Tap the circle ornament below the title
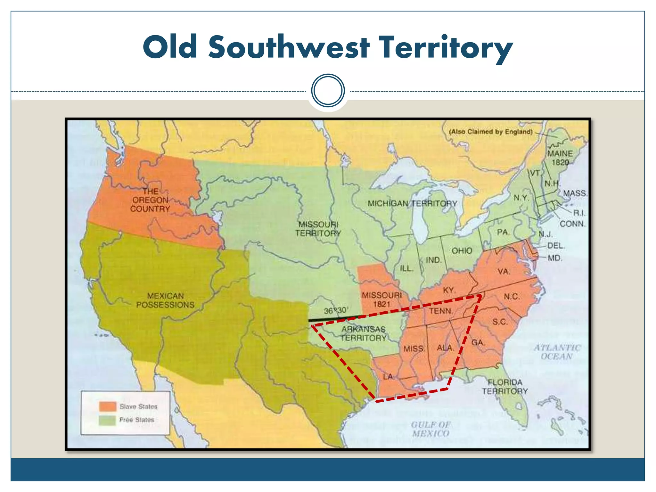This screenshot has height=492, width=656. (328, 90)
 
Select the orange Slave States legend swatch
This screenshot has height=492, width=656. (108, 406)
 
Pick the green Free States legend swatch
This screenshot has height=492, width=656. (108, 420)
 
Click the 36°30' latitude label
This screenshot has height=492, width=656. (335, 310)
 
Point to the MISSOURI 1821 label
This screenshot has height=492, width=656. (381, 299)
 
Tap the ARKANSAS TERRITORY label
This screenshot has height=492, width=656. (364, 333)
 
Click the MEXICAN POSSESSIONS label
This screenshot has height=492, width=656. (165, 300)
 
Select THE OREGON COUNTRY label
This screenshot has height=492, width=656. (150, 200)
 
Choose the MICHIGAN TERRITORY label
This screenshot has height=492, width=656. (412, 203)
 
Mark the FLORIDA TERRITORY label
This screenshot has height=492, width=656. (505, 387)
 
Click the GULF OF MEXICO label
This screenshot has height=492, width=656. (430, 429)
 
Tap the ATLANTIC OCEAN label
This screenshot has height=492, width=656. (557, 352)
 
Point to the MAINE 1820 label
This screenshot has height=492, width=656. (560, 158)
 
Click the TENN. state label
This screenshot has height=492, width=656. (441, 311)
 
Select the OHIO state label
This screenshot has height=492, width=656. (462, 250)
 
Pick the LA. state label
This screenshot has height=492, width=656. (389, 377)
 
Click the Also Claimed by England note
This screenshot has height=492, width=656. (491, 132)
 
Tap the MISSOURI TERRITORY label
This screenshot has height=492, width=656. (318, 229)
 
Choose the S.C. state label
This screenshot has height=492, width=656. (500, 322)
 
